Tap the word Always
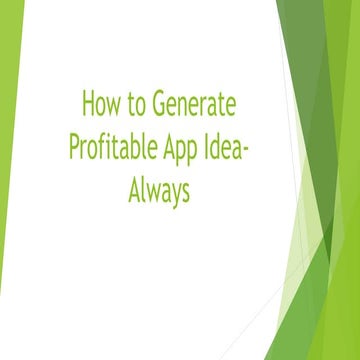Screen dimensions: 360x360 158,190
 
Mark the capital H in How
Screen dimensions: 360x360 87,104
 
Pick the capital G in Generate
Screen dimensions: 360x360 165,104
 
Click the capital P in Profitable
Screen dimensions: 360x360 74,146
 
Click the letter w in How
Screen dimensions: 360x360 116,107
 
